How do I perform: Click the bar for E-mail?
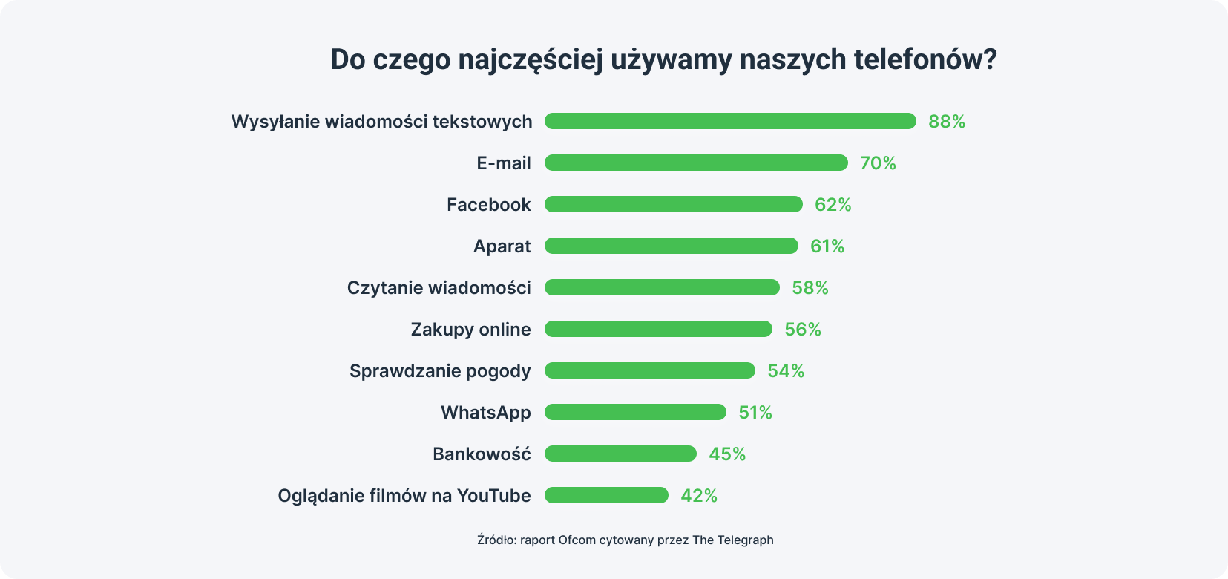696,163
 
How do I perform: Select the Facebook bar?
674,204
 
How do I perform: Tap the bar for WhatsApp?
635,412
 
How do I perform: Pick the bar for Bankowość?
620,454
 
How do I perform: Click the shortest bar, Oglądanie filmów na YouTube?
606,495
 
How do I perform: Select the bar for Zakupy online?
658,329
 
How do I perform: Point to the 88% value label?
947,122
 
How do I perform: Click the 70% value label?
878,163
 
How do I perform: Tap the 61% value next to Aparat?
827,246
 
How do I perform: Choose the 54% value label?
786,371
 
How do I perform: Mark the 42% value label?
699,496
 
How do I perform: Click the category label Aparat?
502,246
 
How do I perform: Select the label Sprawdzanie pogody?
440,371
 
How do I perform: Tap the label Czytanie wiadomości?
439,288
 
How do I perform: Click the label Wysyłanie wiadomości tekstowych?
381,122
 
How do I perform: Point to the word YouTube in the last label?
493,496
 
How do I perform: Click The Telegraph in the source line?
732,540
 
